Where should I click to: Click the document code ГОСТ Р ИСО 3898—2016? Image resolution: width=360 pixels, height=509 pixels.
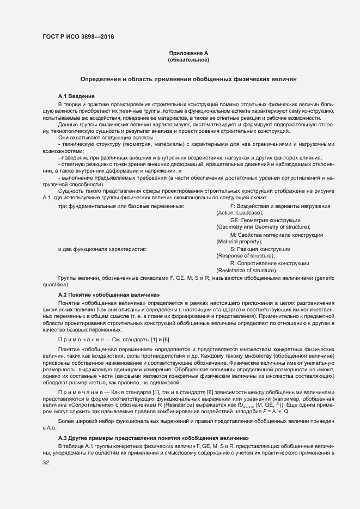point(78,37)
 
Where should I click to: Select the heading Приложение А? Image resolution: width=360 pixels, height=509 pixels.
point(188,53)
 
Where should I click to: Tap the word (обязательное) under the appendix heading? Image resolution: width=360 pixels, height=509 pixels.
point(188,59)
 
